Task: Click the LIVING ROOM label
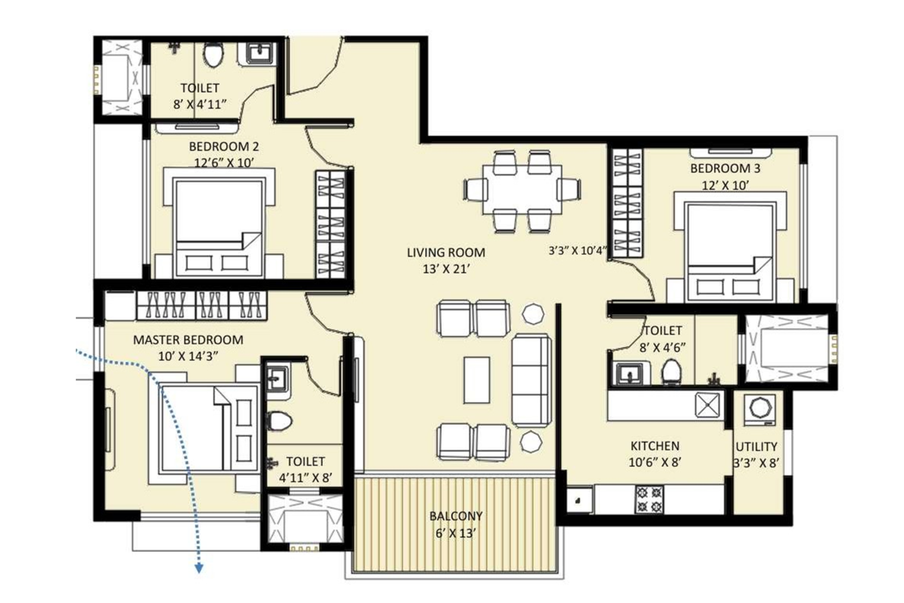tap(445, 253)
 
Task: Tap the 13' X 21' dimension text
tap(445, 270)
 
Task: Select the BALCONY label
tap(455, 516)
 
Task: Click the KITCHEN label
tap(655, 446)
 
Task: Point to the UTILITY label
tap(756, 446)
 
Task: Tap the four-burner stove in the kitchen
tap(649, 499)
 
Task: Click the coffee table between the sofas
tap(476, 380)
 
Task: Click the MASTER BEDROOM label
tap(188, 340)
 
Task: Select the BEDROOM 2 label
tap(224, 147)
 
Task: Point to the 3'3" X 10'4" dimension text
tap(577, 250)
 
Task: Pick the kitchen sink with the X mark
tap(709, 405)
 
